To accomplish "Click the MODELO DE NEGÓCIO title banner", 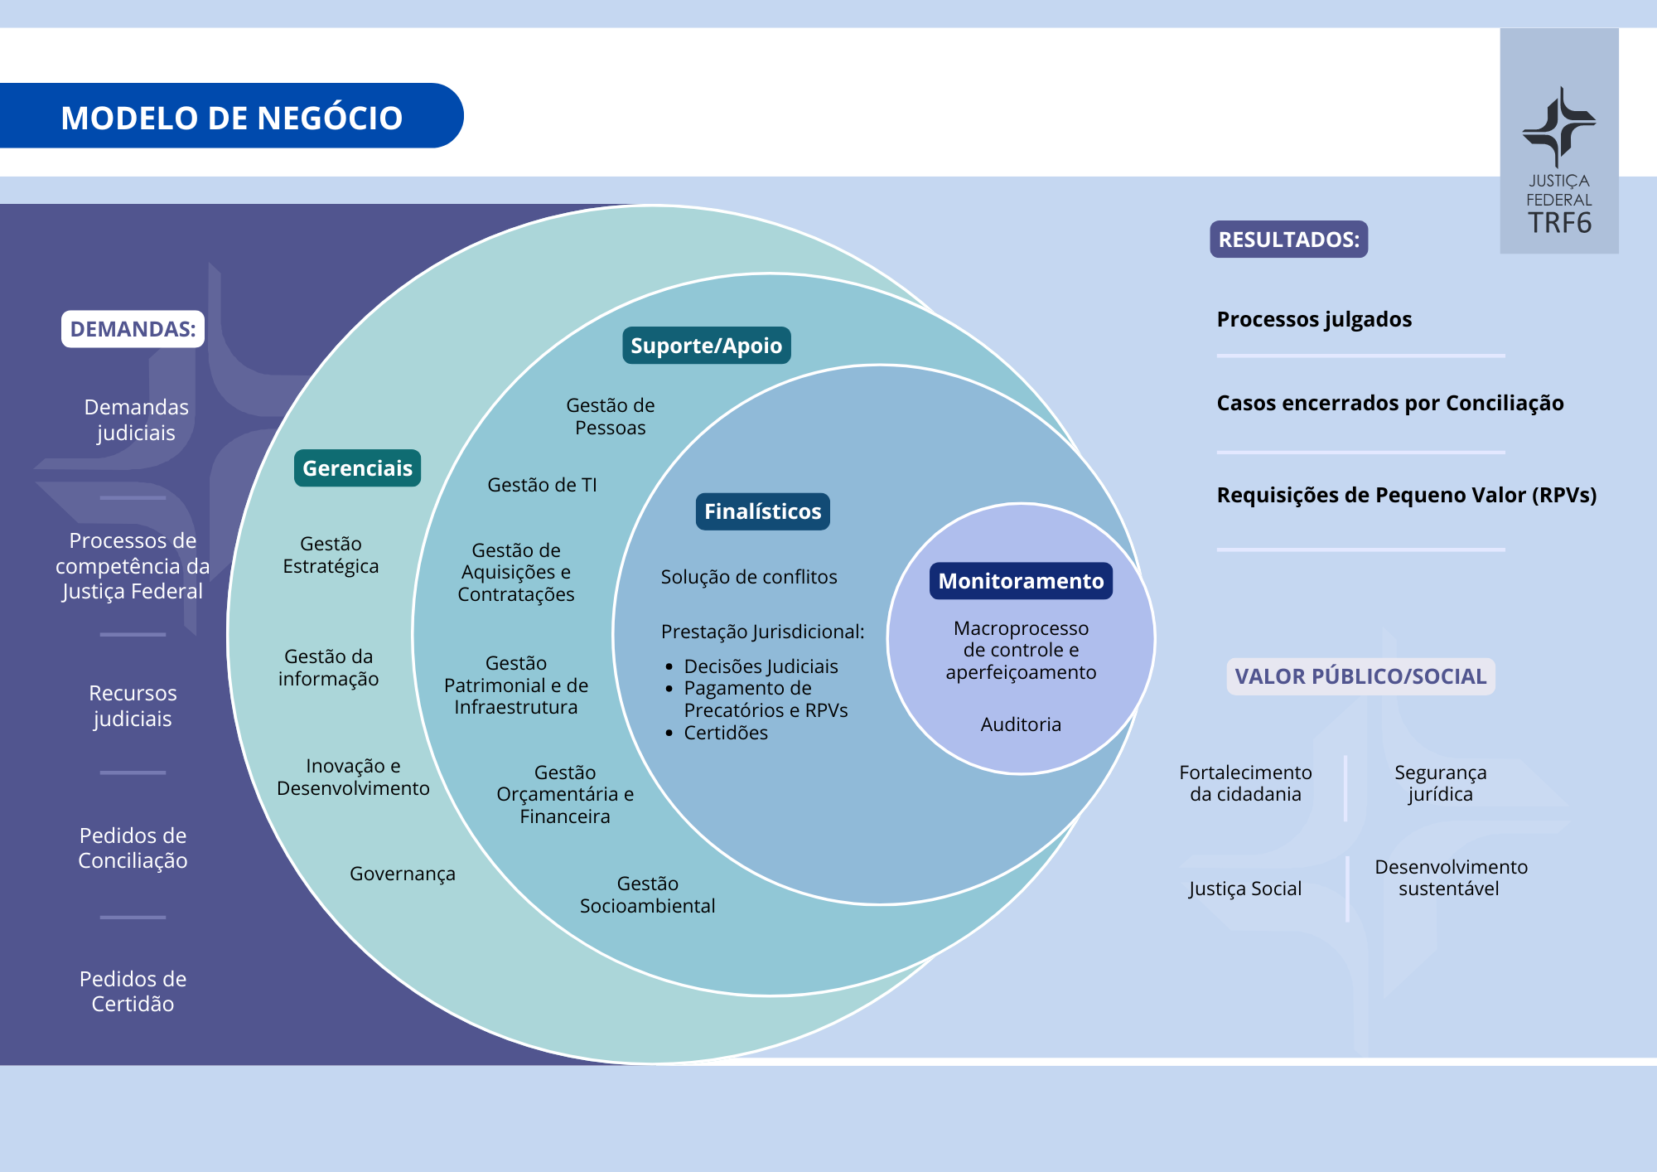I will (231, 117).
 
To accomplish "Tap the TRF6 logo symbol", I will (1558, 128).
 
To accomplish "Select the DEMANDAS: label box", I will (133, 329).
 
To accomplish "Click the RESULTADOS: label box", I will (1288, 240).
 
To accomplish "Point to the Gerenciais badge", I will (357, 468).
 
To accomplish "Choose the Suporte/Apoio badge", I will (706, 346).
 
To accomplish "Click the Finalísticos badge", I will (762, 511).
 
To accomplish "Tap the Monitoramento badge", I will (1021, 581).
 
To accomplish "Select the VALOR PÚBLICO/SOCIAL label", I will (1360, 676).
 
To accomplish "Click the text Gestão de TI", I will (542, 485).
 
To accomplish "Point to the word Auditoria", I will (1021, 724).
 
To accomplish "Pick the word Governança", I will (403, 874).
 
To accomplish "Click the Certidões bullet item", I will (726, 733).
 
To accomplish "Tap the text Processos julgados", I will (1314, 319).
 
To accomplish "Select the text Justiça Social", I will (1245, 889).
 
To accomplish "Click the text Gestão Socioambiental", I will (647, 894).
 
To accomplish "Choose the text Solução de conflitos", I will (749, 577).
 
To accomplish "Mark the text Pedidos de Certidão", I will (133, 991).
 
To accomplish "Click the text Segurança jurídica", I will (1440, 783).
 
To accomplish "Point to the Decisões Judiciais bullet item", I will (761, 666).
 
